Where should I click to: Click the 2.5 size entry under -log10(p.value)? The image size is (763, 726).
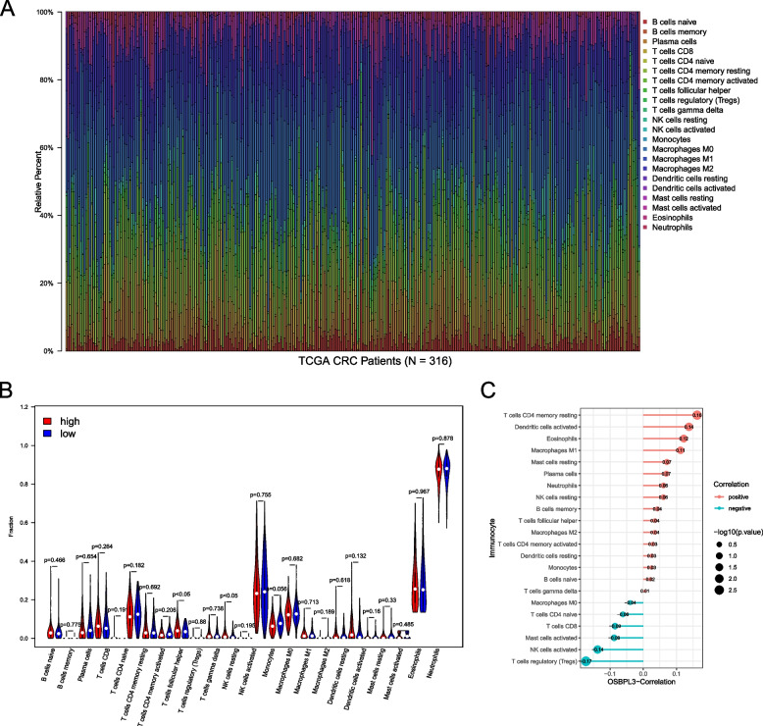(x=720, y=593)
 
